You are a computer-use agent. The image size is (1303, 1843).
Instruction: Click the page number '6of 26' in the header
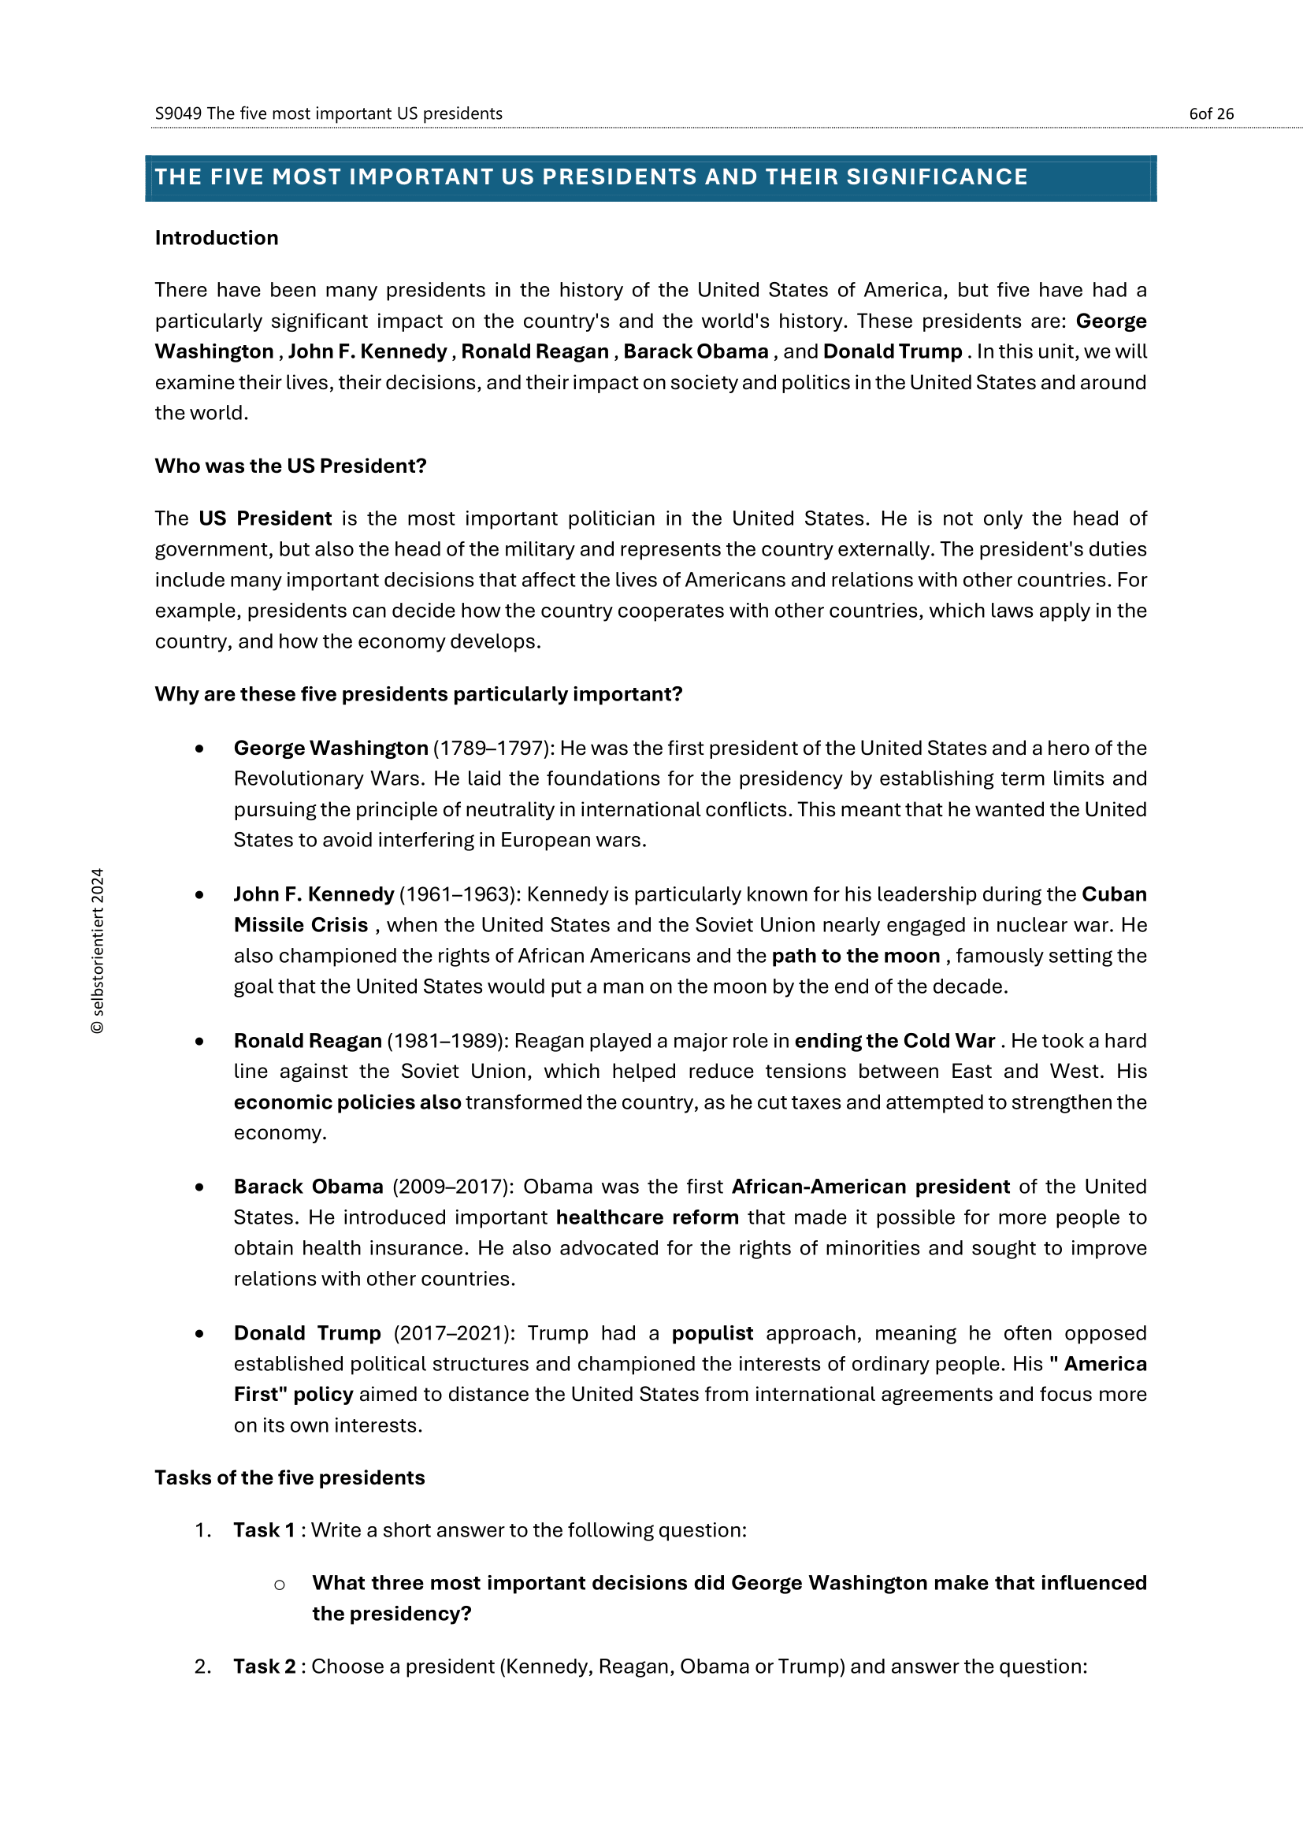point(1211,114)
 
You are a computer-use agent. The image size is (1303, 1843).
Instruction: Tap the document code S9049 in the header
point(178,114)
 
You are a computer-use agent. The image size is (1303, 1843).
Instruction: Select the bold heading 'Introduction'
point(217,239)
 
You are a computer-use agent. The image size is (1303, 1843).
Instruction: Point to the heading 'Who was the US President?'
point(291,466)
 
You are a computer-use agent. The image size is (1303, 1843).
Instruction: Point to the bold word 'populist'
point(712,1333)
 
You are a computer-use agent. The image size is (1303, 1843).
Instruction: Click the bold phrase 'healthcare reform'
point(648,1217)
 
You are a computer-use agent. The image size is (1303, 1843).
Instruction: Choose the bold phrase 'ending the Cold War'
point(896,1041)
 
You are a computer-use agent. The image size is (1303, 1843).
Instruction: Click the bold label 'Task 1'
point(264,1530)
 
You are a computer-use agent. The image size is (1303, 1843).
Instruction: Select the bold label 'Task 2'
point(264,1667)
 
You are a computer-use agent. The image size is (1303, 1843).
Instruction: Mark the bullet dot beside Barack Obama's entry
point(199,1187)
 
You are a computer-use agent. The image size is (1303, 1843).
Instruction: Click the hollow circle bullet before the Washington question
point(279,1585)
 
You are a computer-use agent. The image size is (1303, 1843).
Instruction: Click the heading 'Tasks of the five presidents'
point(290,1477)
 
